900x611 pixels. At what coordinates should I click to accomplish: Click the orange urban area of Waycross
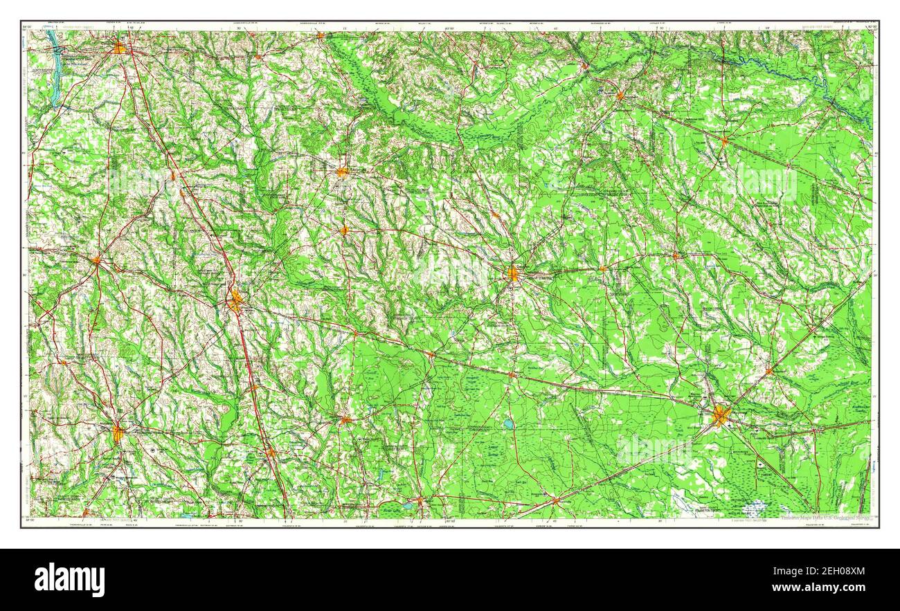[721, 417]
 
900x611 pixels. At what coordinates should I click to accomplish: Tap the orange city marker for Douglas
[513, 273]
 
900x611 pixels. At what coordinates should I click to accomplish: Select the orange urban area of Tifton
[236, 300]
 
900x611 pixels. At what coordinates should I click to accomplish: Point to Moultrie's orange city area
[118, 433]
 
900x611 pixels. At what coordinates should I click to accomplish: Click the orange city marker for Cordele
[120, 48]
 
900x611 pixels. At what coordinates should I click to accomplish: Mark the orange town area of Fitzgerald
[343, 172]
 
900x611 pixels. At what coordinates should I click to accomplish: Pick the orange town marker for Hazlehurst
[620, 95]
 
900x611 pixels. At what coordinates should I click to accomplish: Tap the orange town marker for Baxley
[724, 141]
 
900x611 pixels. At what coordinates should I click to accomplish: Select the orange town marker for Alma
[676, 256]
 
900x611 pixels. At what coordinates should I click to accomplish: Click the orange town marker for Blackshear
[768, 372]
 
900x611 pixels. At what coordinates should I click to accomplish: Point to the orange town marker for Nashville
[345, 419]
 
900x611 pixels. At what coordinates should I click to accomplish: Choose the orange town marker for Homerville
[555, 500]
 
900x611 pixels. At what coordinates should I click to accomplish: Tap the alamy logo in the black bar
[70, 579]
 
